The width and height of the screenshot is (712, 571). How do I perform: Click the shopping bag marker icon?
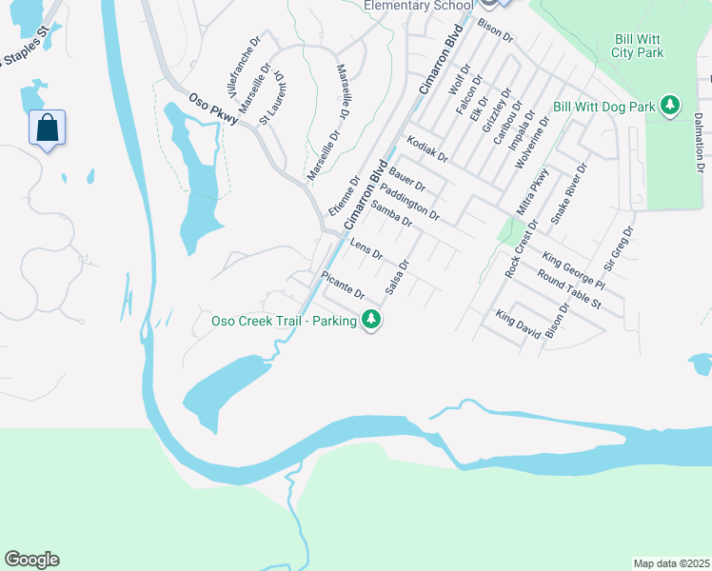pyautogui.click(x=48, y=128)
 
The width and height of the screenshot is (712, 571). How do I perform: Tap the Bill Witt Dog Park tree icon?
pyautogui.click(x=671, y=106)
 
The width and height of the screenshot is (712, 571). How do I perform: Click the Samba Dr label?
pyautogui.click(x=391, y=213)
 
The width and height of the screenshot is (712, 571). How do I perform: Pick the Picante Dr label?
pyautogui.click(x=343, y=285)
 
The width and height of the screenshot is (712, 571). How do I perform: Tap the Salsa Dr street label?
pyautogui.click(x=398, y=276)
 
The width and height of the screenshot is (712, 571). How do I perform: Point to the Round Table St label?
pyautogui.click(x=568, y=290)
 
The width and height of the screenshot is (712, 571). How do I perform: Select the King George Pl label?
pyautogui.click(x=573, y=270)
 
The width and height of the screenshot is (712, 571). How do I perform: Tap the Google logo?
pyautogui.click(x=31, y=560)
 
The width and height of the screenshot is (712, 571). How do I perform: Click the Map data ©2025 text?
pyautogui.click(x=670, y=563)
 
